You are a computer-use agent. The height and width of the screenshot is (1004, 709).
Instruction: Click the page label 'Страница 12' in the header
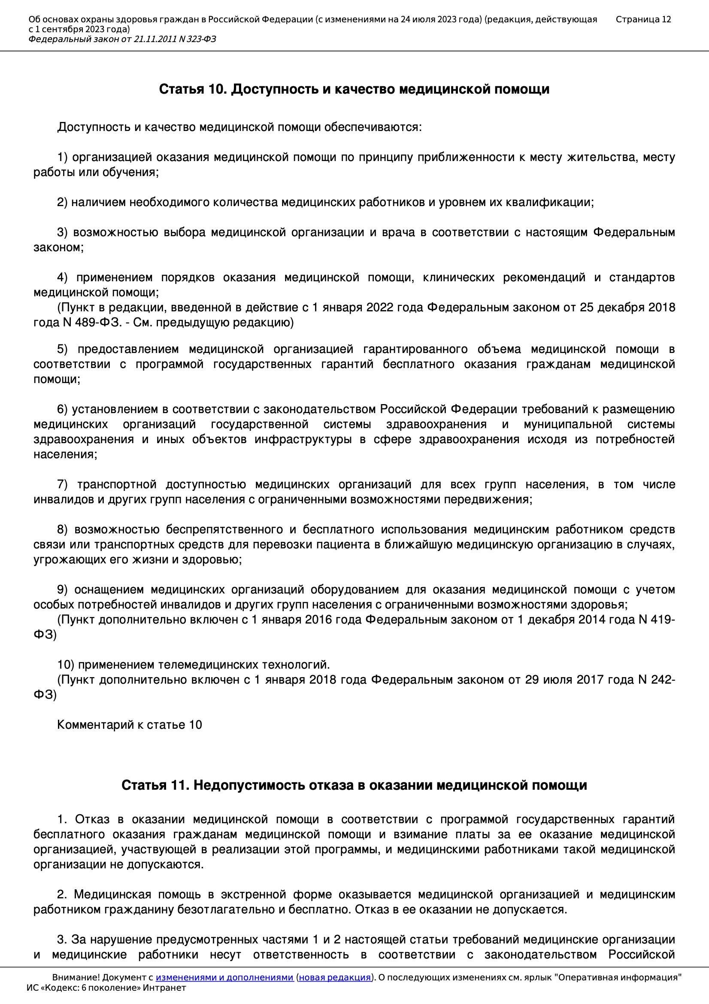(x=643, y=19)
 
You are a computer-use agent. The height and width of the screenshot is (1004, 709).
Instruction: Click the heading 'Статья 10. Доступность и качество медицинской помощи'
(x=354, y=89)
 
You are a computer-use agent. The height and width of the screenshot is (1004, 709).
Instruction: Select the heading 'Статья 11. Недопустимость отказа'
(x=354, y=785)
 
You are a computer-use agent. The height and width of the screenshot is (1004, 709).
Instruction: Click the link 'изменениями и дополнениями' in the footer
(x=224, y=977)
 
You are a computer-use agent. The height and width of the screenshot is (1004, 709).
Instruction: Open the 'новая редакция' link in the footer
(x=334, y=977)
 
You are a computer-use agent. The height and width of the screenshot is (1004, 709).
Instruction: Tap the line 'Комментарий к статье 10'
(x=129, y=725)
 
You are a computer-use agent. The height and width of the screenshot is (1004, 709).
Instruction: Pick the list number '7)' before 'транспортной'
(x=62, y=484)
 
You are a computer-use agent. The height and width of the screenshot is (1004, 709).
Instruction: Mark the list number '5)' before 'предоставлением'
(x=62, y=350)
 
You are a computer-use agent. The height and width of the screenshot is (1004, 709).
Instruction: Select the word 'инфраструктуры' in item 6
(x=303, y=439)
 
